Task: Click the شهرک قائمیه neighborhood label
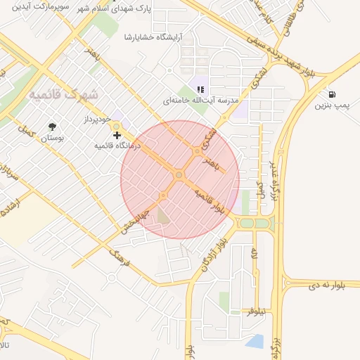(x=63, y=94)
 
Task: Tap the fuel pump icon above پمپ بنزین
(x=331, y=94)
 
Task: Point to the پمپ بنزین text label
(x=331, y=106)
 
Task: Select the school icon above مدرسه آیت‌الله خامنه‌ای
(x=200, y=89)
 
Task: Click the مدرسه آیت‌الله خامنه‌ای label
(x=198, y=101)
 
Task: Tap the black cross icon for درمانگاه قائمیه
(x=117, y=134)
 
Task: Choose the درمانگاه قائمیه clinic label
(x=118, y=146)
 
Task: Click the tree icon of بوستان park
(x=53, y=127)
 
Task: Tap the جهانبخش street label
(x=134, y=218)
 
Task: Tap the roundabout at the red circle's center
(x=179, y=174)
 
